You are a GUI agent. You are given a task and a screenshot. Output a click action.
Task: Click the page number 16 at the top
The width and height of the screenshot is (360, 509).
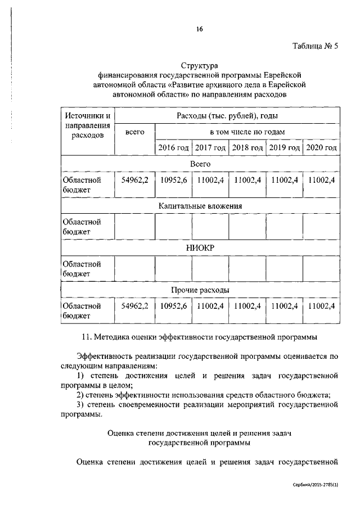coord(199,29)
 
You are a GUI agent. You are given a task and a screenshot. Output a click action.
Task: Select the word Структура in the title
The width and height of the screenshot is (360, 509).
coord(200,66)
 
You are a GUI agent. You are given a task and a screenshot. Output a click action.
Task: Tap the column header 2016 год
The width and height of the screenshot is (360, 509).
coord(173,148)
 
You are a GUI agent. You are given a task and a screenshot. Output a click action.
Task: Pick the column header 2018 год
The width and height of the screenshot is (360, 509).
coord(247,148)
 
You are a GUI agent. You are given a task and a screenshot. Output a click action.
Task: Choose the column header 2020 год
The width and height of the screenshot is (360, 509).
coord(322,148)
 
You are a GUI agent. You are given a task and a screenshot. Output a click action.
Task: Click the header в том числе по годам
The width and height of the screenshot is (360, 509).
coord(247,132)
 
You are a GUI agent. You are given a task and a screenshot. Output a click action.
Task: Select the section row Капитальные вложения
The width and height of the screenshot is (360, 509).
coord(200,206)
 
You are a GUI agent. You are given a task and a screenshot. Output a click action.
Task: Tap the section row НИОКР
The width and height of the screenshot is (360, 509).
coord(200,248)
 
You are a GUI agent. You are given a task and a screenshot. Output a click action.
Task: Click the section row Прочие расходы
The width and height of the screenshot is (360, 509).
coord(200,290)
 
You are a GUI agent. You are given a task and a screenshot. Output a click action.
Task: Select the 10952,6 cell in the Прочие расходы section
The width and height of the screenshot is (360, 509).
coord(173,306)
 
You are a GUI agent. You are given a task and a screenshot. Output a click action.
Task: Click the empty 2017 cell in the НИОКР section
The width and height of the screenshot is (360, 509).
coord(210,269)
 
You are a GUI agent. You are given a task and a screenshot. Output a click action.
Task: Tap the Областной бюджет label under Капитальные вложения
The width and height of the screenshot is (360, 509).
coord(82,227)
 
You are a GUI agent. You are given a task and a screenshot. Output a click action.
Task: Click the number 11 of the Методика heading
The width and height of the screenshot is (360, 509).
coord(87,337)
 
